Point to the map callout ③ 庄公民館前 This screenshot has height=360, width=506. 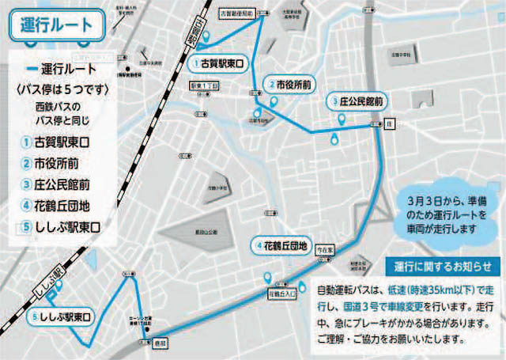point(357,102)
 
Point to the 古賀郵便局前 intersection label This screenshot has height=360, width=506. point(235,14)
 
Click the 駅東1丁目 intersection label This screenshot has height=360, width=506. point(203,84)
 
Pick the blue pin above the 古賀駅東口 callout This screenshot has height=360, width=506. point(207,38)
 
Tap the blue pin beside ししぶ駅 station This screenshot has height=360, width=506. point(50,294)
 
